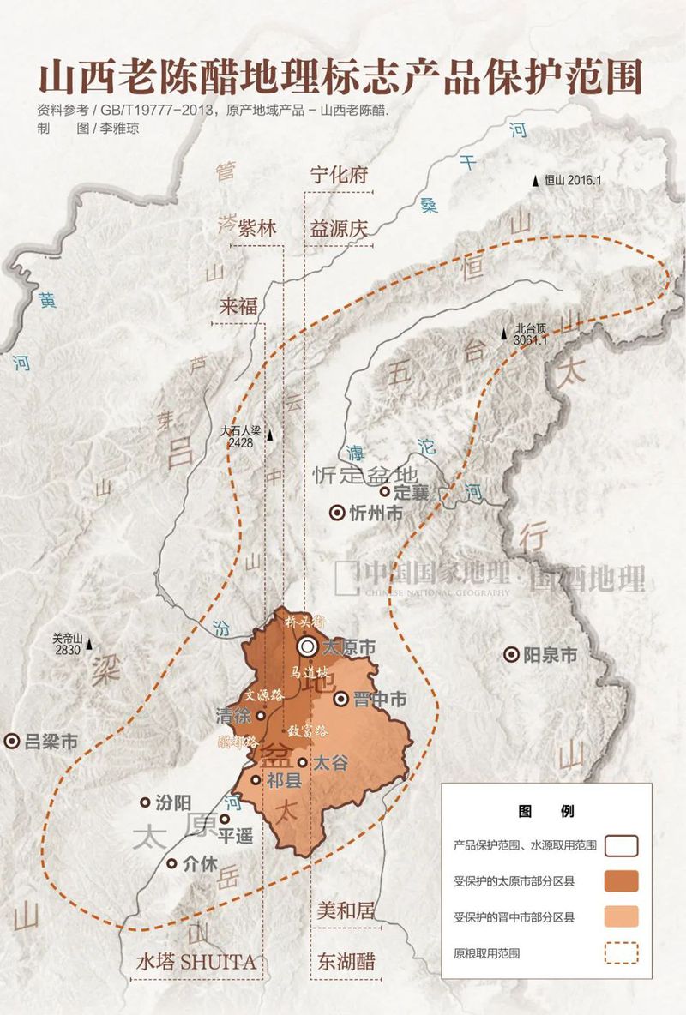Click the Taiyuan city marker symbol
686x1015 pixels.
click(x=307, y=648)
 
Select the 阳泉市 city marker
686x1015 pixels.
click(x=511, y=655)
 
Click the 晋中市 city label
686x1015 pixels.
click(x=381, y=700)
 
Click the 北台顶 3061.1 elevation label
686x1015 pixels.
click(x=531, y=334)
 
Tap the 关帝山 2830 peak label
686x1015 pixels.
click(x=65, y=644)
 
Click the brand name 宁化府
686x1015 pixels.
click(x=339, y=175)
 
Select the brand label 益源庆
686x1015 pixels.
click(x=339, y=229)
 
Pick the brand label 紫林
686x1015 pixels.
click(x=257, y=229)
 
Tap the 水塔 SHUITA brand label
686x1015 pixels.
click(x=196, y=962)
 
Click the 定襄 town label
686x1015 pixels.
click(x=410, y=492)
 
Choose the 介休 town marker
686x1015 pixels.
click(x=172, y=864)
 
